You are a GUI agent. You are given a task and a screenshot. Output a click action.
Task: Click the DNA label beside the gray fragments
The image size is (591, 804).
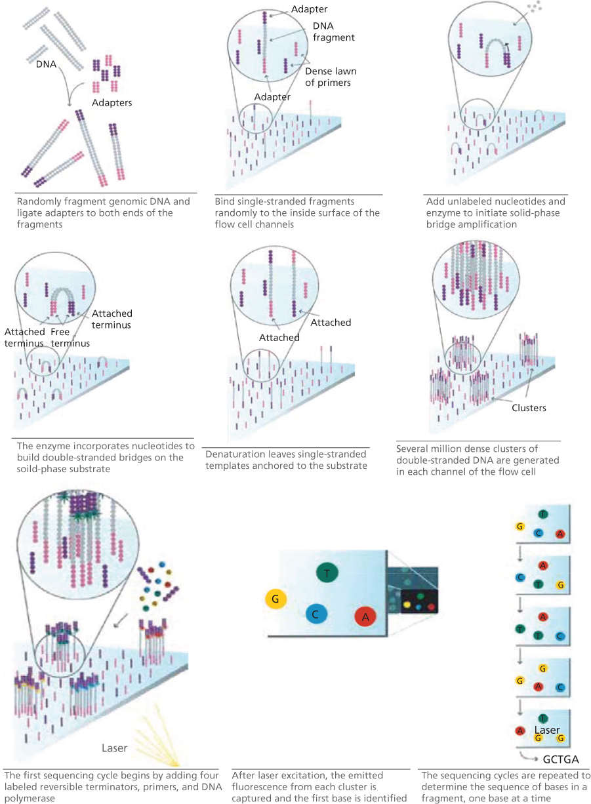tap(47, 64)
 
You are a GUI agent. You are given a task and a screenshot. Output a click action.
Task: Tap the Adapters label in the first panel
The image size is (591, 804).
tap(112, 103)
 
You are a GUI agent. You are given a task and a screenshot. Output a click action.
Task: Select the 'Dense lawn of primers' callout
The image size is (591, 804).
tap(331, 77)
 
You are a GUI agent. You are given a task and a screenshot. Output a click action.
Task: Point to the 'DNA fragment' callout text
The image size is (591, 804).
tap(334, 31)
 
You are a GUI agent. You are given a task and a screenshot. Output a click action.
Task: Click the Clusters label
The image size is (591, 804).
tap(529, 408)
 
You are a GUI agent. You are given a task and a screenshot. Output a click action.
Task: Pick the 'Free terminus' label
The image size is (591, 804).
tap(70, 337)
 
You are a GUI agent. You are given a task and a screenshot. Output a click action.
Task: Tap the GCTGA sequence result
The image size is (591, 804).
tap(561, 759)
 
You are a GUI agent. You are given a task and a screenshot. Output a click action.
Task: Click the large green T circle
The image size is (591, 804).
tap(327, 573)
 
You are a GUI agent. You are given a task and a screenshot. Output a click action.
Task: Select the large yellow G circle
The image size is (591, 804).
tap(275, 598)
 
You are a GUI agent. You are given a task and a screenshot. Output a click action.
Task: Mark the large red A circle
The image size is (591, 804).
tap(365, 616)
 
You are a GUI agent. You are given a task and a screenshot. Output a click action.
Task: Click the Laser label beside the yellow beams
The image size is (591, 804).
tap(115, 748)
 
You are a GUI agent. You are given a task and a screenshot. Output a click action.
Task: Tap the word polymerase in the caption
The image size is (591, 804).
tap(30, 798)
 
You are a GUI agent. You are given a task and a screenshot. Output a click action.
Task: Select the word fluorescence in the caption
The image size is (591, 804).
tap(258, 787)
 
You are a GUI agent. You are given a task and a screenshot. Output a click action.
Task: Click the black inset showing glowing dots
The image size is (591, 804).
tap(419, 602)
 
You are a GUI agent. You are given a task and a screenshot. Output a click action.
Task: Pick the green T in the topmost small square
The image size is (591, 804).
tap(542, 514)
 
